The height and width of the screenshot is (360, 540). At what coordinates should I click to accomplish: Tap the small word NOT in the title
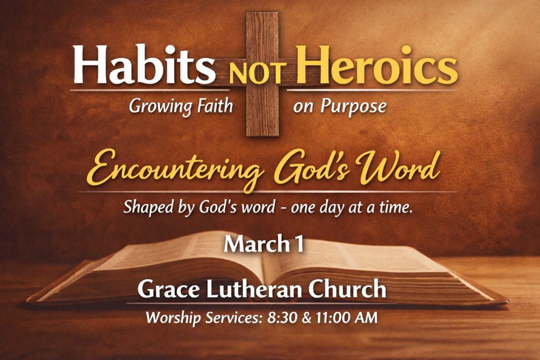click(x=258, y=74)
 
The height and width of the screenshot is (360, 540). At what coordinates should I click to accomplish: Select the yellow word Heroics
click(x=377, y=65)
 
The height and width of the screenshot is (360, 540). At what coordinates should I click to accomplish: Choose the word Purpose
click(x=353, y=106)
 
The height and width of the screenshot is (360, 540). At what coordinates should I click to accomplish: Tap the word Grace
click(x=169, y=289)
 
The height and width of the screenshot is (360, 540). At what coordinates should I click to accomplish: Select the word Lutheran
click(x=254, y=289)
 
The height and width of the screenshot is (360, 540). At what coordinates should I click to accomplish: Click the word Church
click(x=347, y=289)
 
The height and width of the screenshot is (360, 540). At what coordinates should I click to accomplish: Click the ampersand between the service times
click(x=306, y=318)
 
